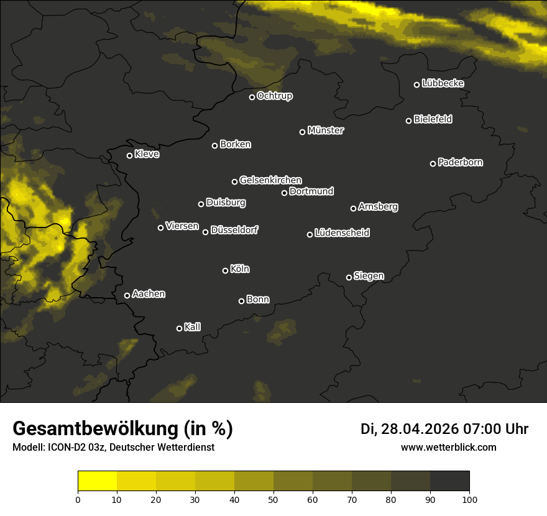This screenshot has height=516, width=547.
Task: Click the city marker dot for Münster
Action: pos(303,132)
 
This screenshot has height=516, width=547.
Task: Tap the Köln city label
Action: pos(240,269)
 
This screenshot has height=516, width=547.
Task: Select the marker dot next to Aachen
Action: pos(127,295)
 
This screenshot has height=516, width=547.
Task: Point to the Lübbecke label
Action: pos(443,83)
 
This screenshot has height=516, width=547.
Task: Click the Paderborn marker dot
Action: pos(433,164)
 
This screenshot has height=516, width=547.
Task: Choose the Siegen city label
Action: pos(369,276)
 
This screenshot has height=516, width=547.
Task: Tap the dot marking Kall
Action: pos(180,328)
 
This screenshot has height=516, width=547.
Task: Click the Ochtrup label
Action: pos(274,96)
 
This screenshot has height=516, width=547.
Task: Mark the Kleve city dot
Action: pos(130,155)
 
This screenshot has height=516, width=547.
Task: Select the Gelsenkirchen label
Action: pos(270,180)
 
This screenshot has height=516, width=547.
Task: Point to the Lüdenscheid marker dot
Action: pos(310,234)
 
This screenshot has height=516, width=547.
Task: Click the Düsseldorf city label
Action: pos(234,230)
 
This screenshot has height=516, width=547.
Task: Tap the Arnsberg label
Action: pos(378,206)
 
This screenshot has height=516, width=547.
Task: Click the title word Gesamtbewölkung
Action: pos(96,429)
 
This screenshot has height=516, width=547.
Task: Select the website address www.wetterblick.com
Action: pos(448,447)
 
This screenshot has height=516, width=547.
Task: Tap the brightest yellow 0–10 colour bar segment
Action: pos(98,481)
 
